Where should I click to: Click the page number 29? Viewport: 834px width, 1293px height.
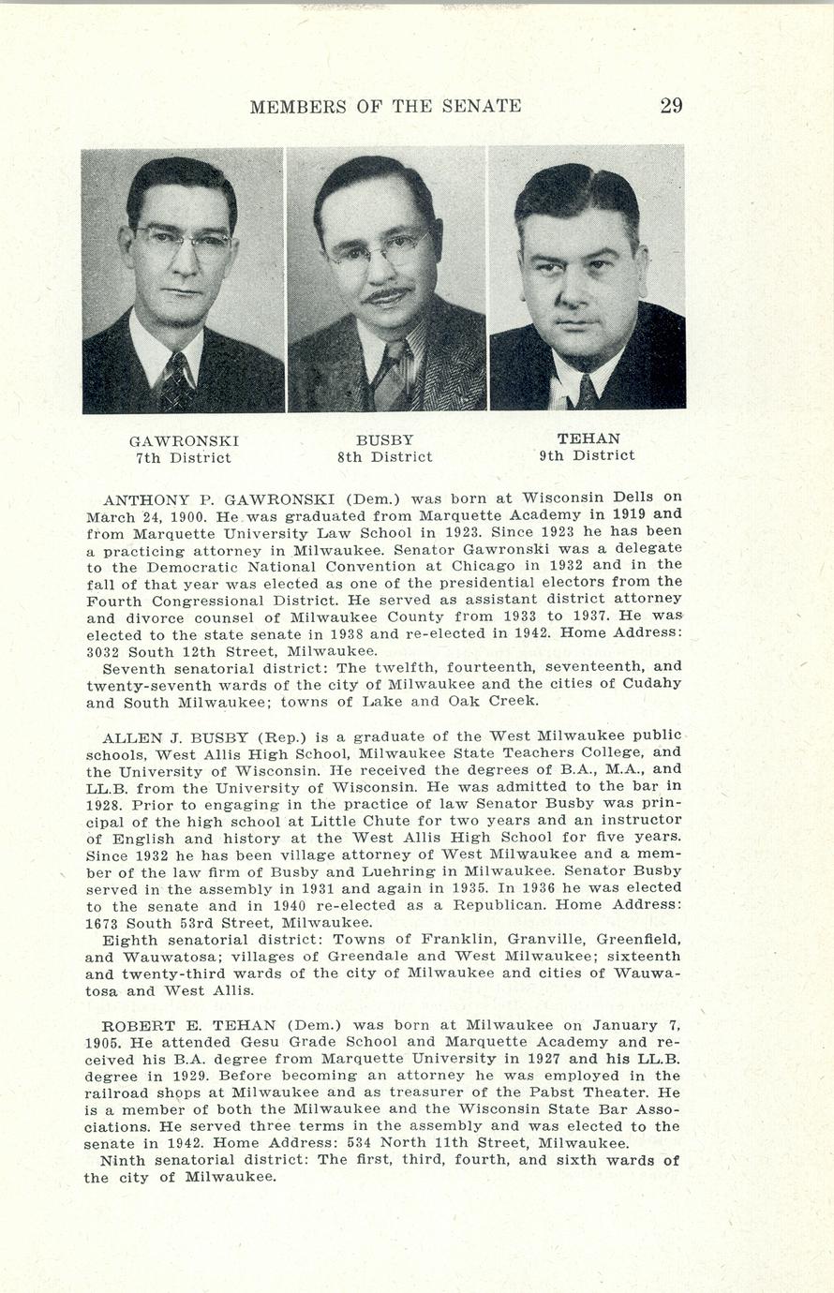(671, 106)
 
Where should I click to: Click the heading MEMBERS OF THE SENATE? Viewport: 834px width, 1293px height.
(385, 107)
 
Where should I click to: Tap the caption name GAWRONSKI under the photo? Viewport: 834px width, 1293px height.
(184, 440)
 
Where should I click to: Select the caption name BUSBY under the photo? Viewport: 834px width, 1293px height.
(384, 439)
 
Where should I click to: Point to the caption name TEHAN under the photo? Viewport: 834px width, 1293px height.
(588, 438)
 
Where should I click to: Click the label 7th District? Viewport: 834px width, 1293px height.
(184, 458)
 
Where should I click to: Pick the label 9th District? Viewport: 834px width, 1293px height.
(587, 456)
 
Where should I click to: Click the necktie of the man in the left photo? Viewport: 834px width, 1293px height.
(175, 380)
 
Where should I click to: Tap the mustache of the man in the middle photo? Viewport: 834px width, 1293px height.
(387, 296)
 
